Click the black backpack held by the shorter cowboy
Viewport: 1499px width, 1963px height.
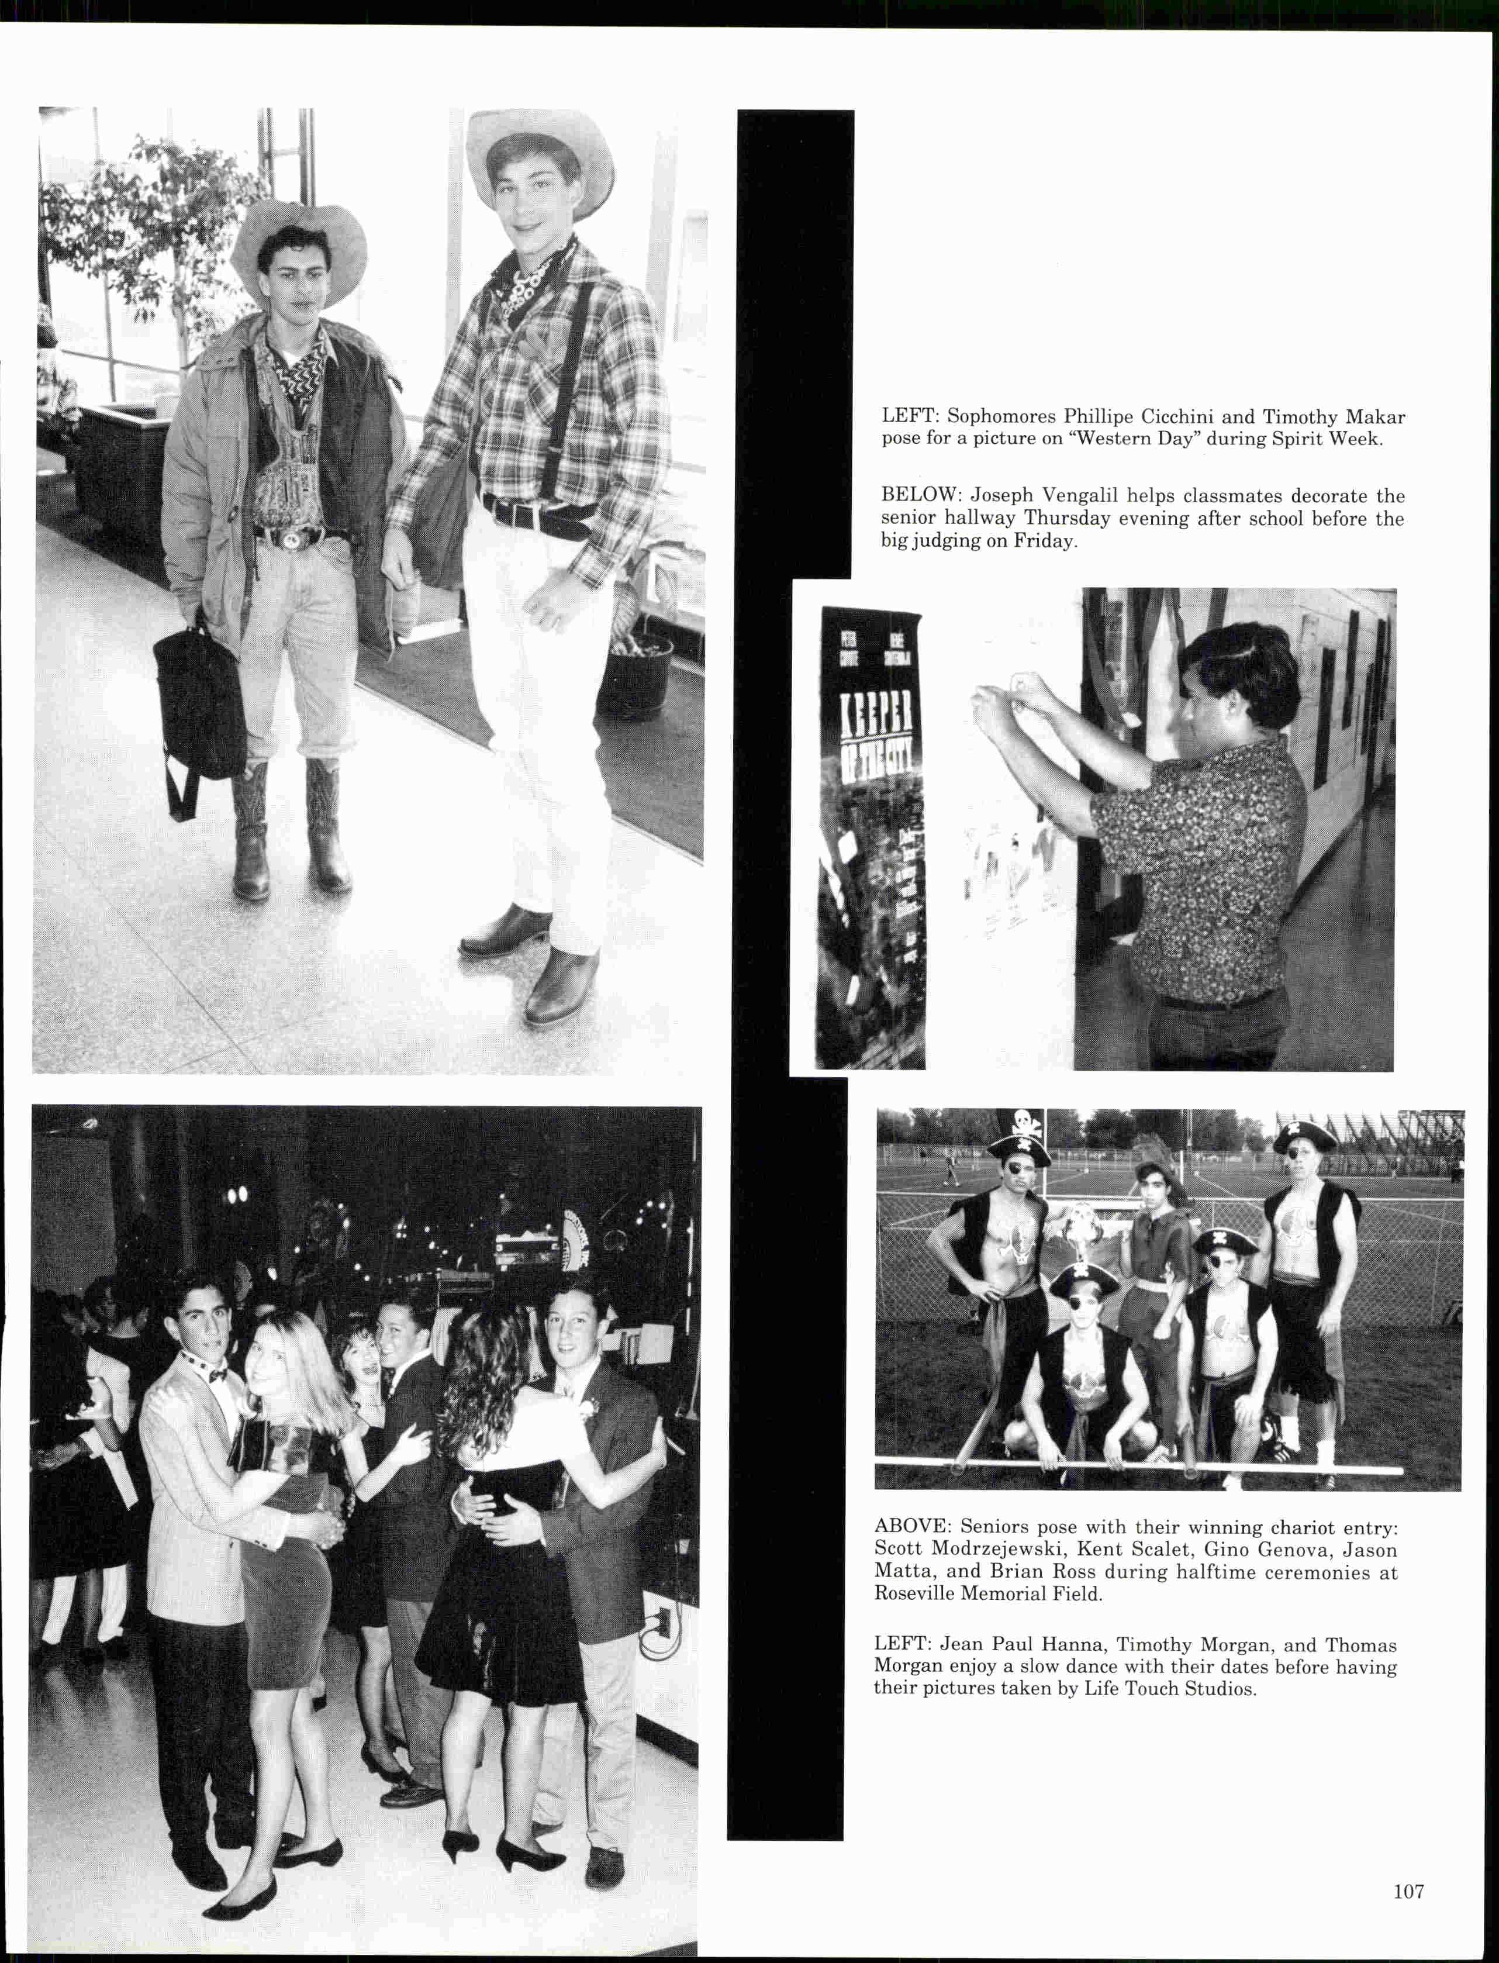[198, 705]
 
